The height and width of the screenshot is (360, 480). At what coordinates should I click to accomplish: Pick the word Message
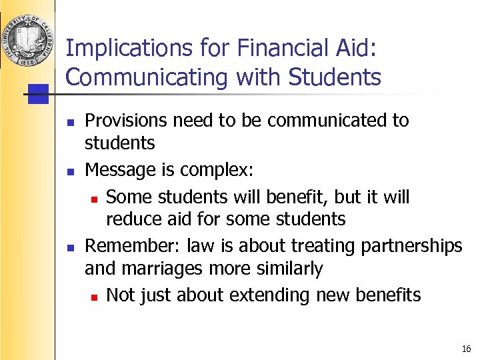click(115, 170)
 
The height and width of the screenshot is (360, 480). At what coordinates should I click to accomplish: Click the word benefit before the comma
click(297, 197)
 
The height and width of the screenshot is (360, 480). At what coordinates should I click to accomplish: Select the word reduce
click(129, 219)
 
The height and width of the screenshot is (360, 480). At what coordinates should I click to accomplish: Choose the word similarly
click(284, 269)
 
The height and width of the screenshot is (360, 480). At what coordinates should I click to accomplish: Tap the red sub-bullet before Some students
click(94, 198)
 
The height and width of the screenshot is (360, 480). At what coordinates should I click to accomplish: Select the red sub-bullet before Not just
click(94, 295)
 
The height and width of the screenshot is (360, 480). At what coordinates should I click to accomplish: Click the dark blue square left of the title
click(39, 93)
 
